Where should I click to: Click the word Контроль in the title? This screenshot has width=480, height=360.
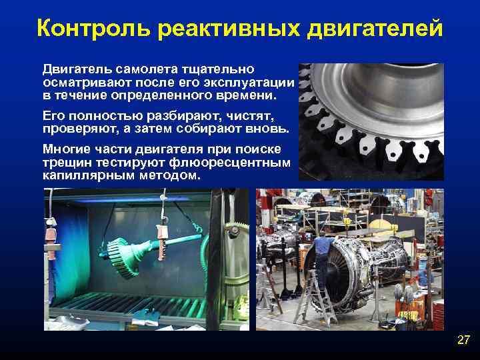pos(86,29)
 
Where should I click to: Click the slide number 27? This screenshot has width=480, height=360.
pos(463,341)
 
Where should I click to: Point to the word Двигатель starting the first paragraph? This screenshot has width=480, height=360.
pos(73,69)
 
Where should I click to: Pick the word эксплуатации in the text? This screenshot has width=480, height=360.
pos(256,82)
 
